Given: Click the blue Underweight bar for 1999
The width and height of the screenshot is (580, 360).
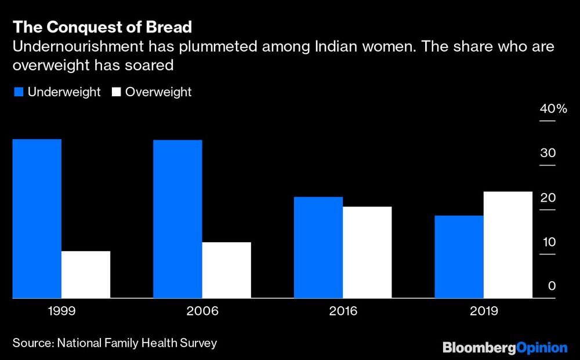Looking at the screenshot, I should click(x=37, y=219).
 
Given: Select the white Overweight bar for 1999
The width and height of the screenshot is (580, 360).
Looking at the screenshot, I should click(x=86, y=275).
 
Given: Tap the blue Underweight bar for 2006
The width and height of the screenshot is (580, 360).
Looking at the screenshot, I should click(x=177, y=219).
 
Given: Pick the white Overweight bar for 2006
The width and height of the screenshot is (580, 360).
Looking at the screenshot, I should click(x=227, y=270).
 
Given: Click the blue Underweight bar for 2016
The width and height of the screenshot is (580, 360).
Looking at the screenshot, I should click(x=318, y=248).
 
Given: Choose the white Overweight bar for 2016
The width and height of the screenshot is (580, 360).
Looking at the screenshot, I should click(x=367, y=252).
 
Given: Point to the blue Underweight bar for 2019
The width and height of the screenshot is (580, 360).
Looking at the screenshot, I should click(x=459, y=257).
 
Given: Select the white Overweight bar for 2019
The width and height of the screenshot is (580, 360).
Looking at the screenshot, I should click(x=508, y=245).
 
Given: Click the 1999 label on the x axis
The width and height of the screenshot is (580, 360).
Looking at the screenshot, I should click(x=61, y=311).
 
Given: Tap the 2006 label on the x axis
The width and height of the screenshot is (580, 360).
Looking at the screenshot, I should click(x=202, y=311).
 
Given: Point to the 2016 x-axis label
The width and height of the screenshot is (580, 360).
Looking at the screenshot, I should click(x=343, y=311).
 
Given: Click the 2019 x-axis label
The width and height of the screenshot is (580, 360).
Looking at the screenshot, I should click(x=484, y=311).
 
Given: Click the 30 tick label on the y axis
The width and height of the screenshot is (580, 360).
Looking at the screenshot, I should click(x=548, y=154).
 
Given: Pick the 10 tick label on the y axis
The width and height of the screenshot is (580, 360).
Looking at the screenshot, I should click(x=549, y=242).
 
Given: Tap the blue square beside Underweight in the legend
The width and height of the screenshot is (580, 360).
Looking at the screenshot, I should click(x=18, y=92).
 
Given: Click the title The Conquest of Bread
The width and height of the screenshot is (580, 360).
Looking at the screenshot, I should click(x=102, y=27).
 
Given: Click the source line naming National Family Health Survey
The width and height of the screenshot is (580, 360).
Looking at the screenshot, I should click(x=114, y=343).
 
